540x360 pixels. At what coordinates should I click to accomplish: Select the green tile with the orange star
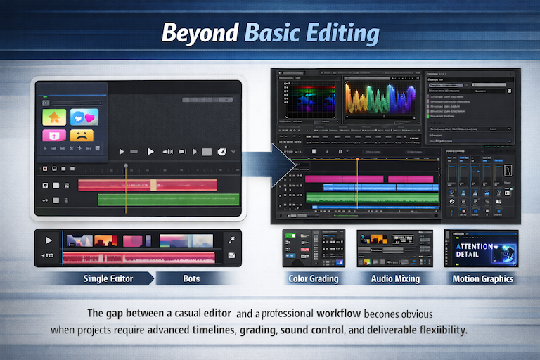click(55, 117)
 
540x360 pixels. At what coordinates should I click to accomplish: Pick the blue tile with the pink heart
click(84, 117)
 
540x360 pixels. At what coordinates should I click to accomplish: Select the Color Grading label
click(313, 278)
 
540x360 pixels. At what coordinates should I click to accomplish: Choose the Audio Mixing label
click(395, 278)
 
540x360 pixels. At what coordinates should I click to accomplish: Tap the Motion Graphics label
click(482, 278)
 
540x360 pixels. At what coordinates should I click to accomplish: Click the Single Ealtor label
click(108, 278)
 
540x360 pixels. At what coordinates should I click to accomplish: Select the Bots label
click(191, 278)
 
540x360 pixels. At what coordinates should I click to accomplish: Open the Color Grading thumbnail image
click(313, 248)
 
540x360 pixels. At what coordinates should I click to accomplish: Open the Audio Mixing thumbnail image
click(392, 248)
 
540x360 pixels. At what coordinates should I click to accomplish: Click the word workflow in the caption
click(342, 312)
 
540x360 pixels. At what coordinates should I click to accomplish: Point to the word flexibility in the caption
click(436, 329)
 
